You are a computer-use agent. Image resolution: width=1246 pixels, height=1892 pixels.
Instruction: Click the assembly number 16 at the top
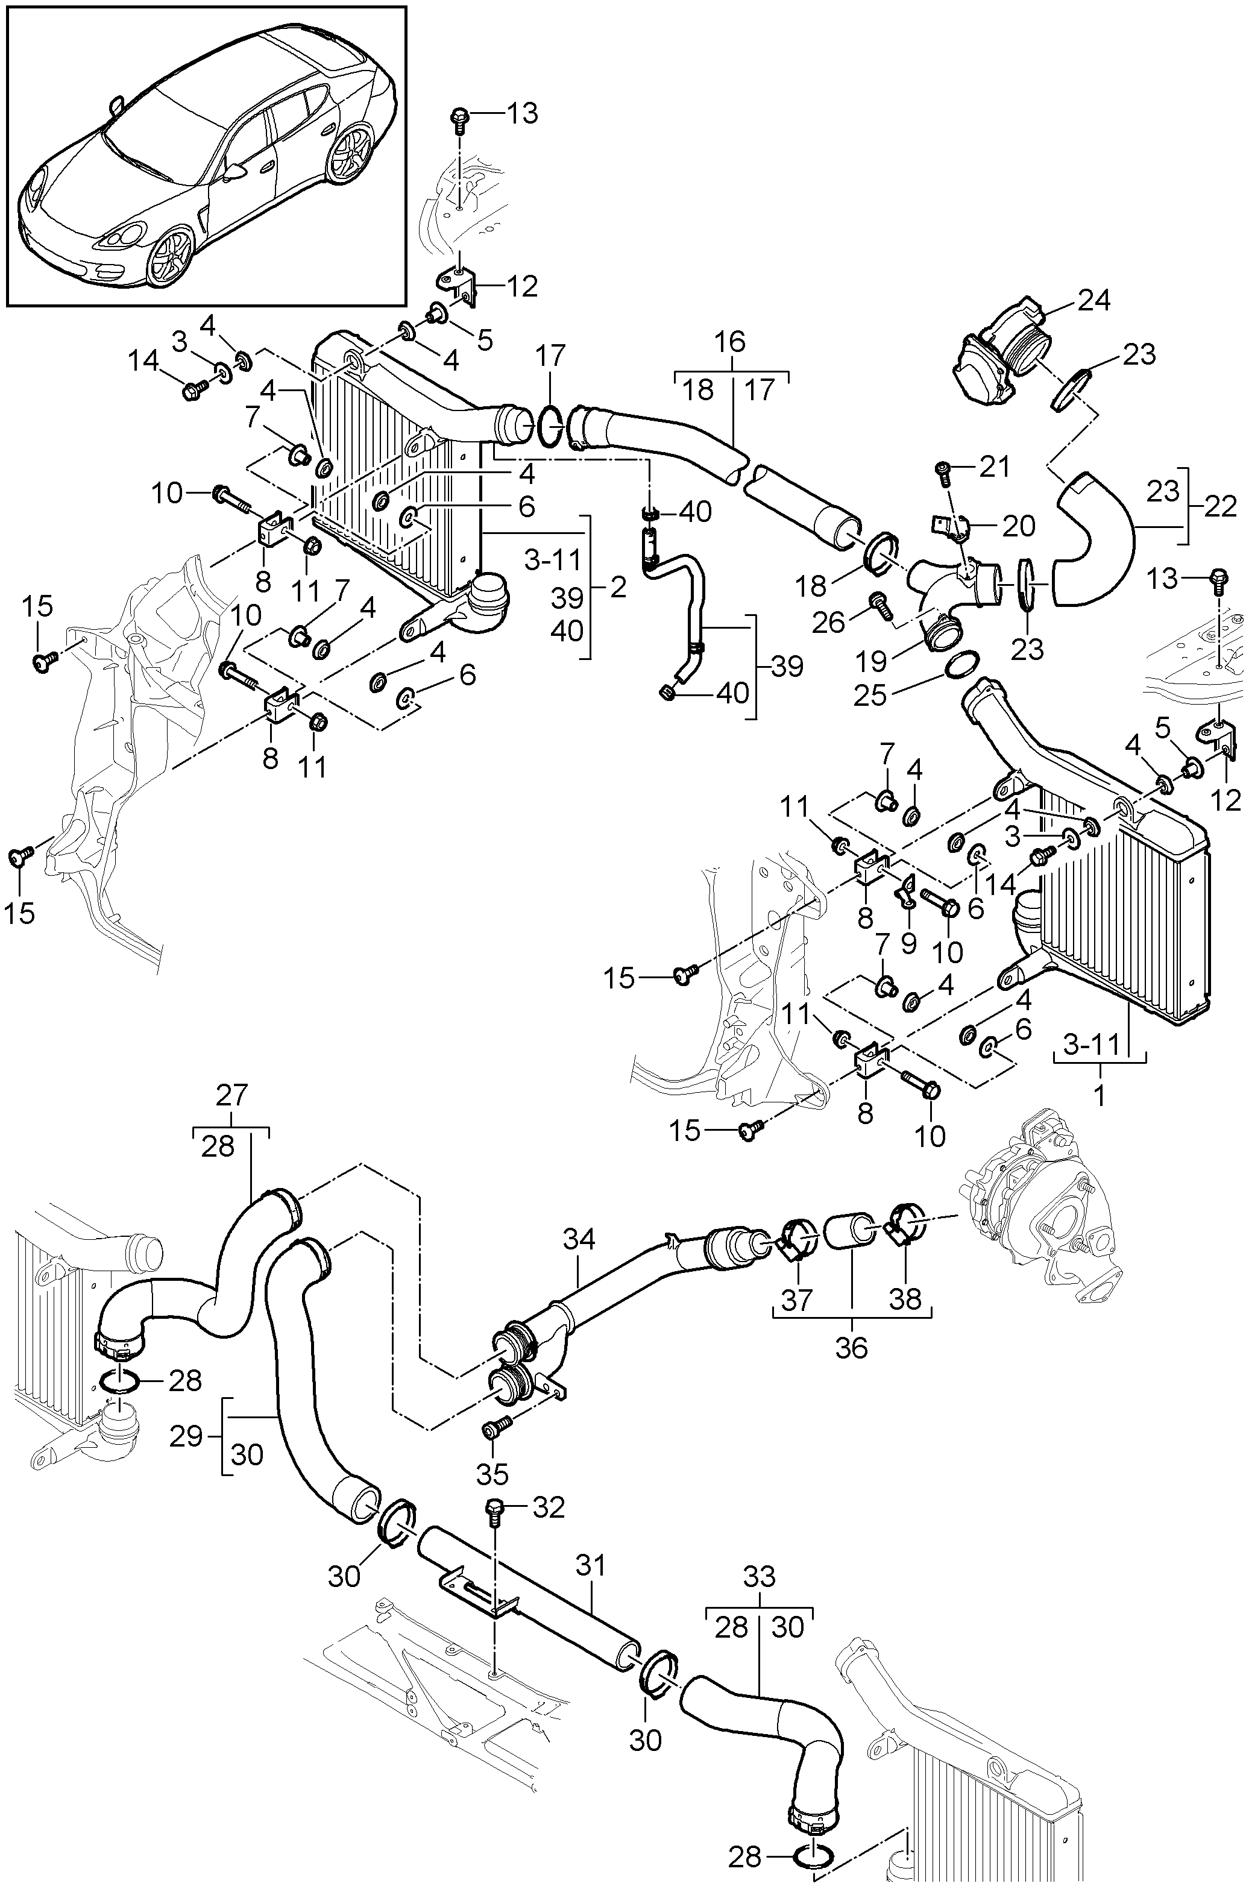tap(730, 342)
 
